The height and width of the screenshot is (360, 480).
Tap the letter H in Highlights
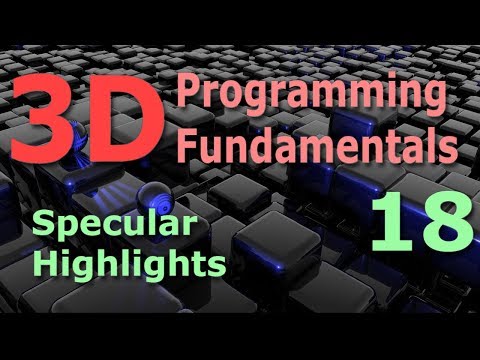coord(45,264)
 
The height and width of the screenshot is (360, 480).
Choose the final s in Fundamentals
coord(450,151)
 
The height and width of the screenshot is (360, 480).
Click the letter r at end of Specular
coord(164,227)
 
